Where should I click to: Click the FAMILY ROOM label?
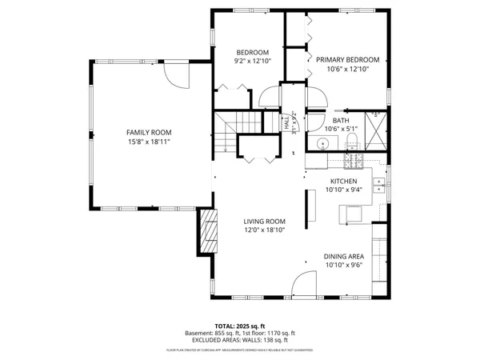click(x=149, y=132)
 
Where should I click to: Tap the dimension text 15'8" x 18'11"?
click(x=149, y=142)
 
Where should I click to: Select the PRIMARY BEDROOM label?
click(x=346, y=60)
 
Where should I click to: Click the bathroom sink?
click(x=322, y=145)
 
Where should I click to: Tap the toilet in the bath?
click(x=351, y=142)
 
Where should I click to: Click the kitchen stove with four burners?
click(x=353, y=161)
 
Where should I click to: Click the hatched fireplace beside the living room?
click(x=209, y=231)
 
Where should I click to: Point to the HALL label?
click(x=286, y=123)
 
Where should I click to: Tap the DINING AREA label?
click(x=344, y=256)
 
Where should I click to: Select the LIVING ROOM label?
click(x=265, y=222)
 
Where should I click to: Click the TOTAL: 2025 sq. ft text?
click(x=240, y=326)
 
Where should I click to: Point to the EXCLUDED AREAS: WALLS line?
click(x=240, y=340)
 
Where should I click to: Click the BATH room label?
click(x=342, y=119)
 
